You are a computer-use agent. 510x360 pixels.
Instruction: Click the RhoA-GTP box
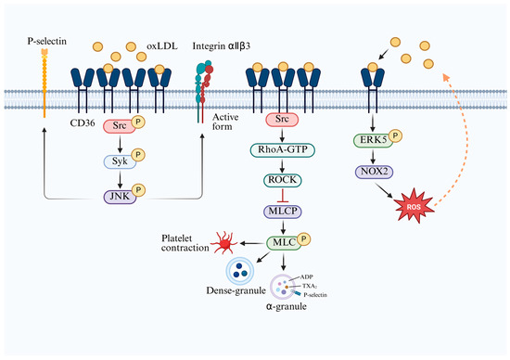click(x=282, y=150)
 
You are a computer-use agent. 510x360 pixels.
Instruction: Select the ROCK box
click(x=282, y=180)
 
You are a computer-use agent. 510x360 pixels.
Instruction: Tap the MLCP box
click(x=282, y=212)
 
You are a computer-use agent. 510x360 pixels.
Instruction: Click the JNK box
click(x=120, y=197)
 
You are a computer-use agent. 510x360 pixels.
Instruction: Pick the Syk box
click(x=120, y=161)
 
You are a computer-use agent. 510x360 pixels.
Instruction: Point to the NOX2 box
click(x=374, y=172)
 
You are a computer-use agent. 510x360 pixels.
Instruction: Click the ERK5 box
click(x=373, y=140)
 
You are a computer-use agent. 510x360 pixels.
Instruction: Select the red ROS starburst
click(x=414, y=206)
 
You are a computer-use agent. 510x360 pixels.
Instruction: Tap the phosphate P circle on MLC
click(x=304, y=239)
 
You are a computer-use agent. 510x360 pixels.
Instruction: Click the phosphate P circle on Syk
click(x=138, y=155)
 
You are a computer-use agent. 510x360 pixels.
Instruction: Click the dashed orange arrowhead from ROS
click(x=446, y=77)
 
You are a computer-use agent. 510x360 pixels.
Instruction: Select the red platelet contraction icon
click(x=223, y=243)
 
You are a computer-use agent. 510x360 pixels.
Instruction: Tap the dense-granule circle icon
click(x=240, y=271)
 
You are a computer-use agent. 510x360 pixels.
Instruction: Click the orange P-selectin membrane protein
click(x=45, y=83)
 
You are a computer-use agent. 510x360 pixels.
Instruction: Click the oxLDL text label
click(x=162, y=46)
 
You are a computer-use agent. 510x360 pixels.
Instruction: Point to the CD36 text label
click(x=83, y=122)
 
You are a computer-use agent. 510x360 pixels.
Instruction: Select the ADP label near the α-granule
click(x=306, y=277)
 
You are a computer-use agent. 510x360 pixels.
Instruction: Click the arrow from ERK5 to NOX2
click(x=373, y=156)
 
